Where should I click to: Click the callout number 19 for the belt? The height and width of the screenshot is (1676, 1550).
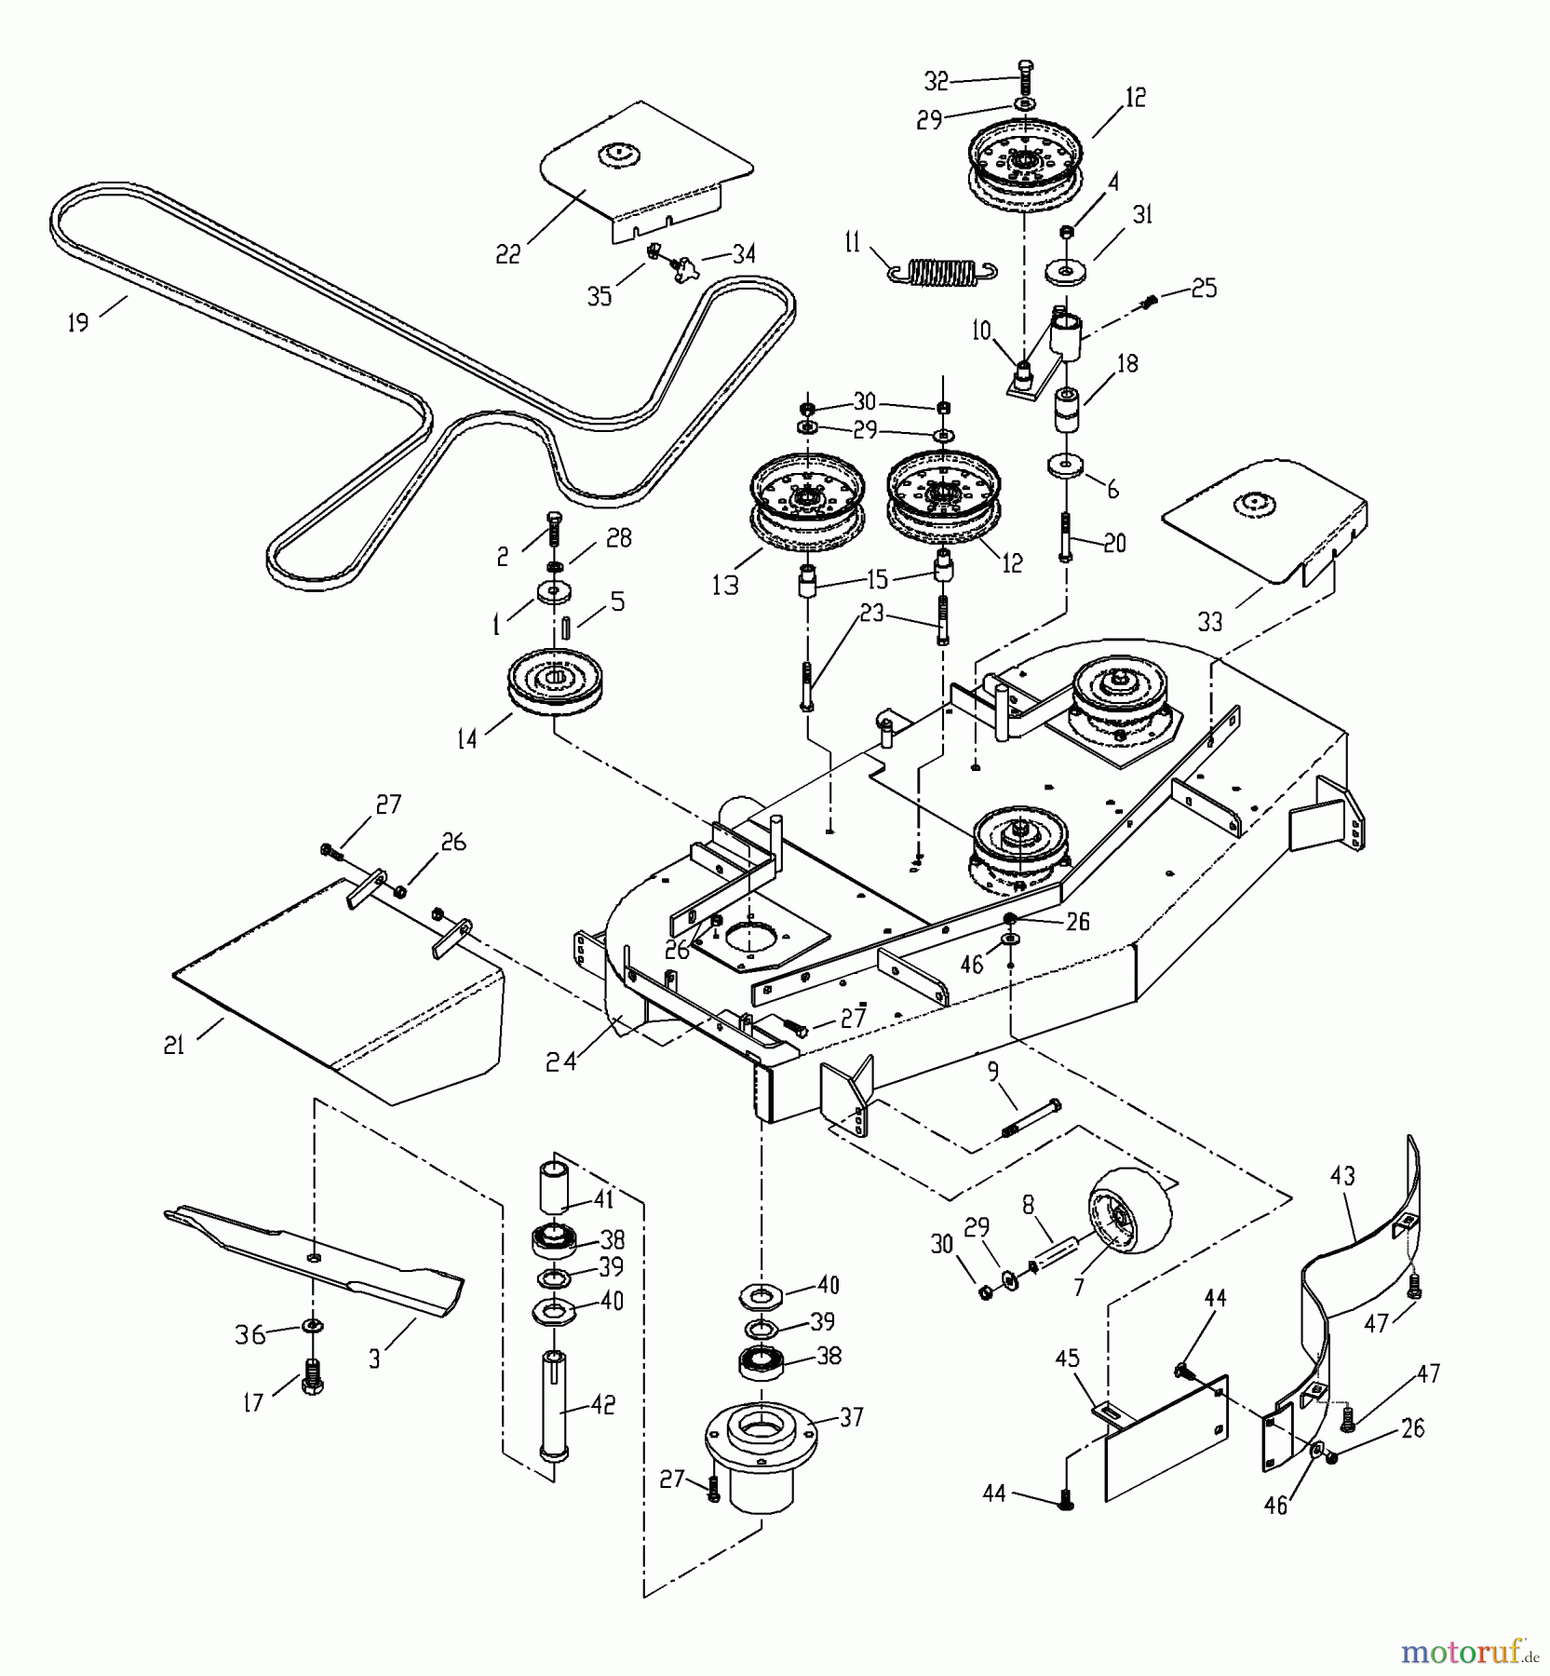point(78,322)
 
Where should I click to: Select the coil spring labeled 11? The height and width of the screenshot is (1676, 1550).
point(940,271)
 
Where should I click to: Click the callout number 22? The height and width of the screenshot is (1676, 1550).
point(508,253)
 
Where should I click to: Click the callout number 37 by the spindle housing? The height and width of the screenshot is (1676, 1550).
point(851,1417)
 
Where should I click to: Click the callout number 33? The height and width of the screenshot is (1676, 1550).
point(1209,621)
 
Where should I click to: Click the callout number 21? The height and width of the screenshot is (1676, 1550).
point(174,1046)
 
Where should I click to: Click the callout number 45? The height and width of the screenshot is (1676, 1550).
point(1067,1358)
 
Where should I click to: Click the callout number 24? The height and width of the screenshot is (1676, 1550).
point(561,1060)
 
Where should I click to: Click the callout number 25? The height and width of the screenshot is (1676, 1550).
point(1203,289)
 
